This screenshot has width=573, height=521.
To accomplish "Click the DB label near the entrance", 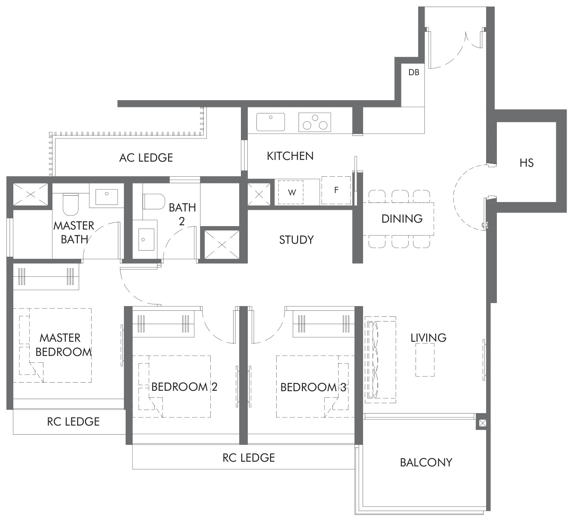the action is coord(413,73).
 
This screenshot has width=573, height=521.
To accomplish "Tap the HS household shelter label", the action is coord(527,163).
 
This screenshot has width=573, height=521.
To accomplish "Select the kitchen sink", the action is coord(271,122).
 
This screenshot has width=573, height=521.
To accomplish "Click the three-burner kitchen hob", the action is coord(315,122).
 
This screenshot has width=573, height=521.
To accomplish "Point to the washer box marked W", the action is coord(291,192).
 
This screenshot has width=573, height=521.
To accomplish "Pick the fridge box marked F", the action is coord(336,190).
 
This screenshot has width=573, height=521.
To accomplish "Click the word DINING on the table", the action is coord(402,219).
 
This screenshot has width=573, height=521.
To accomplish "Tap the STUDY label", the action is coord(296,240).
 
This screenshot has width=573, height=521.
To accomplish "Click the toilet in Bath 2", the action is coord(154,202).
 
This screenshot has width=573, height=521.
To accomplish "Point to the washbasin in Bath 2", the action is coord(146,239).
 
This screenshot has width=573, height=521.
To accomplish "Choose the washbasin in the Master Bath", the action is coord(107,197).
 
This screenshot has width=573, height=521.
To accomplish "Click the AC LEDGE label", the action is coord(146,158).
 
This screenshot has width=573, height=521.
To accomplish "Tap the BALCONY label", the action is coord(426,463).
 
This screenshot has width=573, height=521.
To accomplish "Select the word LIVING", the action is coord(428,338).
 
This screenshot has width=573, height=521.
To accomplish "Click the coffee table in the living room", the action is coord(425,360).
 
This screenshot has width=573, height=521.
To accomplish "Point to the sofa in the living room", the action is coord(380,360).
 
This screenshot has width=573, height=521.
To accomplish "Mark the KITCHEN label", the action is coord(290,156).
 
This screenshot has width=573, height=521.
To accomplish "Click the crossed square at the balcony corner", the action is coord(483,423).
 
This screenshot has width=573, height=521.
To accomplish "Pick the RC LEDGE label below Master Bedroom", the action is coord(73,422).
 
